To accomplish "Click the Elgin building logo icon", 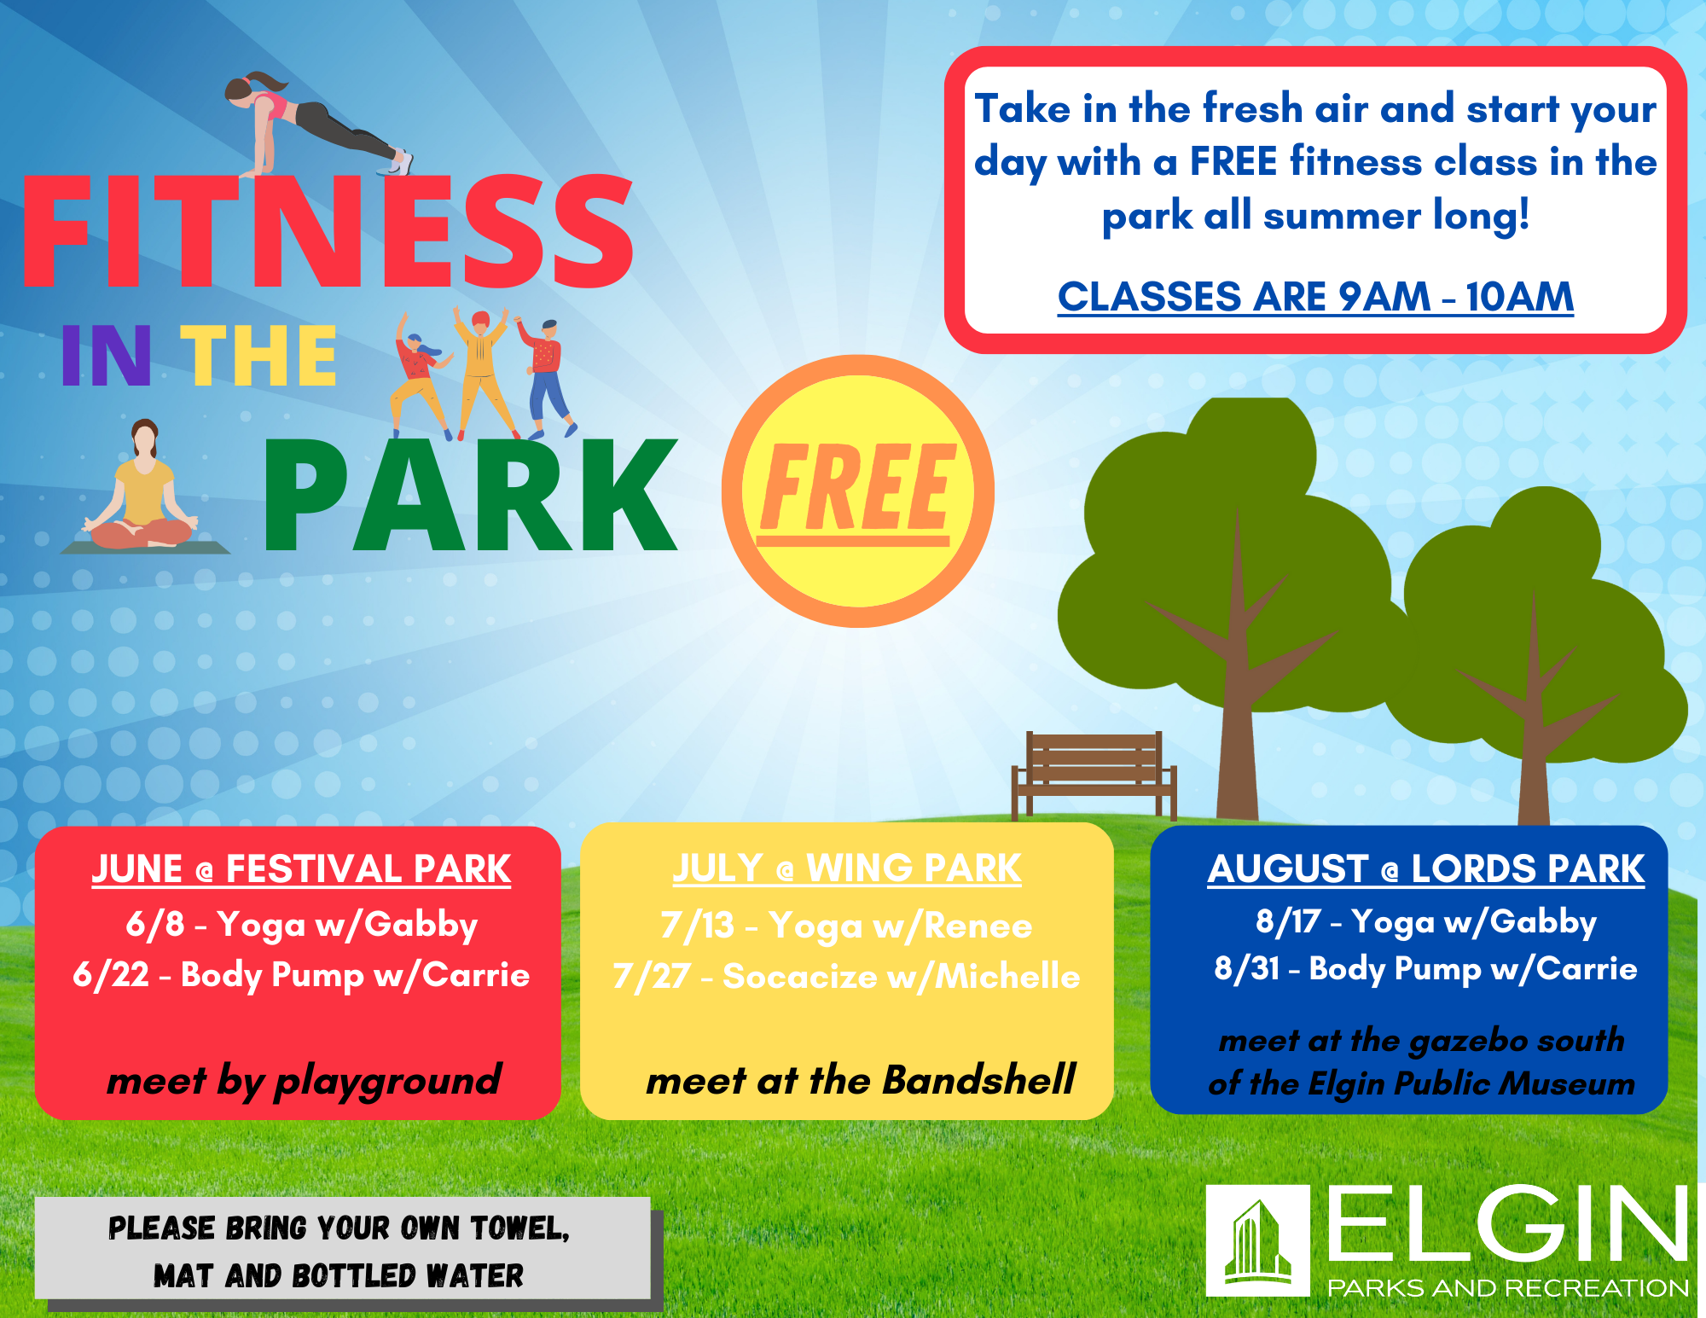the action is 1258,1240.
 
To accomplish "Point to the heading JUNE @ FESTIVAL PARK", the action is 301,869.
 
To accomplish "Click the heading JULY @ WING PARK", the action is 846,868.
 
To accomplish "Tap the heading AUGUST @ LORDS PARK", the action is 1425,869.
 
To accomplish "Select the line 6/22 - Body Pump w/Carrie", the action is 301,975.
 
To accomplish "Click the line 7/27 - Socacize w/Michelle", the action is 846,976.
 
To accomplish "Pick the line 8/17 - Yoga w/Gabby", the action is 1425,922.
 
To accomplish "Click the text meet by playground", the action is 304,1082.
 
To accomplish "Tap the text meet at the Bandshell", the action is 861,1080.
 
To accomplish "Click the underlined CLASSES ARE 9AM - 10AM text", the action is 1315,297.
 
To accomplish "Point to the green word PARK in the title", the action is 471,496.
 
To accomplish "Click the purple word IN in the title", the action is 106,356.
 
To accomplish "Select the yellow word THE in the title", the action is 258,356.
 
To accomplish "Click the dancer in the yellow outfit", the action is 483,373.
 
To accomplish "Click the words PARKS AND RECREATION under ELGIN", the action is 1508,1287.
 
